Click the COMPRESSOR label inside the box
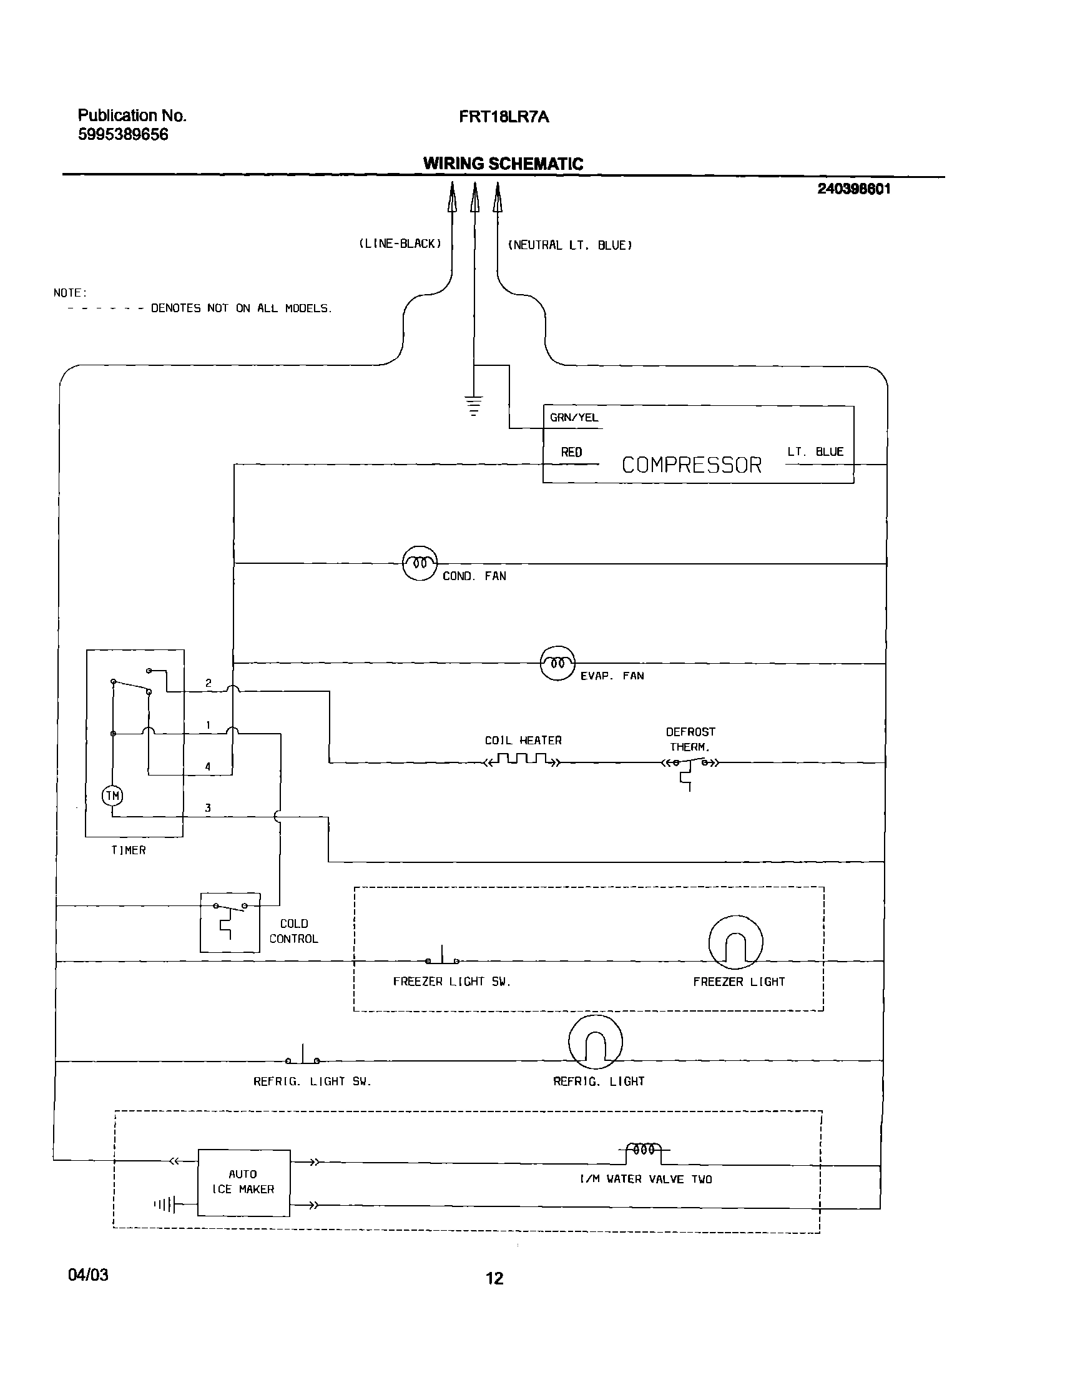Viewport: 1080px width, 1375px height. tap(691, 465)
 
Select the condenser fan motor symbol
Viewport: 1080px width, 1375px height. tap(420, 562)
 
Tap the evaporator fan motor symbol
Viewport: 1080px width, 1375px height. tap(557, 663)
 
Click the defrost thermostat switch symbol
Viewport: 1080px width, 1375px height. tap(689, 766)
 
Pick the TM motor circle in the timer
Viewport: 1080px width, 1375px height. tap(112, 796)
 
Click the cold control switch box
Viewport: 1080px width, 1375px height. tap(230, 922)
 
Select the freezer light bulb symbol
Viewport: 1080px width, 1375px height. tap(735, 942)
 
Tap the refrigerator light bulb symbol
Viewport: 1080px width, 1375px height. tap(595, 1042)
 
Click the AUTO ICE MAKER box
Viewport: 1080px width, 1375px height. tap(243, 1182)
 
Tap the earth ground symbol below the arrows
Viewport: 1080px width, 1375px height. tap(474, 404)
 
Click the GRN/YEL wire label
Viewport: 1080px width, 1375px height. tap(574, 418)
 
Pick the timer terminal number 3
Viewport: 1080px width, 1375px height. tap(208, 807)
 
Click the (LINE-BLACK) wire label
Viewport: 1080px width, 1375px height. tap(400, 244)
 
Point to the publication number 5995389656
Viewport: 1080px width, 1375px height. tap(124, 135)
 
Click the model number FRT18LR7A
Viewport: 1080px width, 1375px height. tap(504, 117)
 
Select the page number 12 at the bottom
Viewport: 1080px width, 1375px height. tap(494, 1279)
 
